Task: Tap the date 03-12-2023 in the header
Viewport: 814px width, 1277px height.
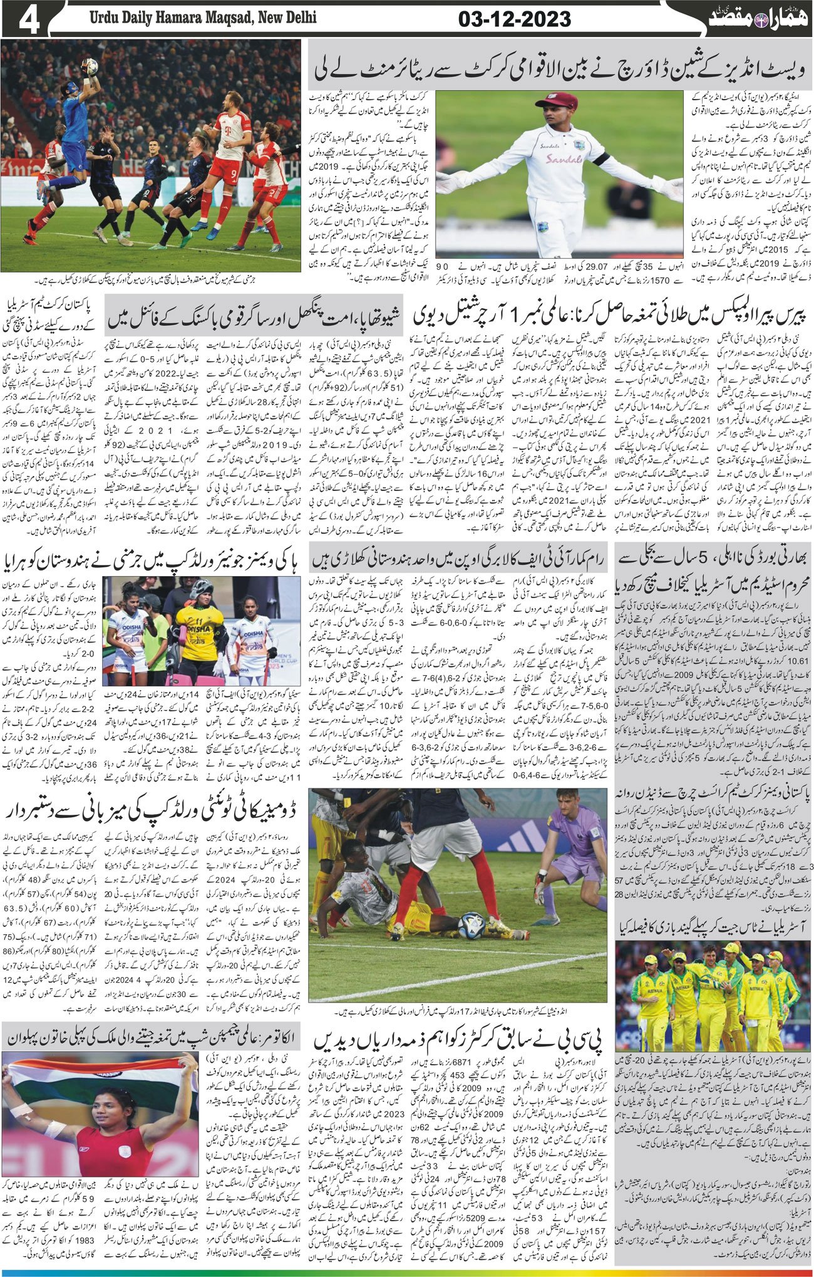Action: pos(514,19)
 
